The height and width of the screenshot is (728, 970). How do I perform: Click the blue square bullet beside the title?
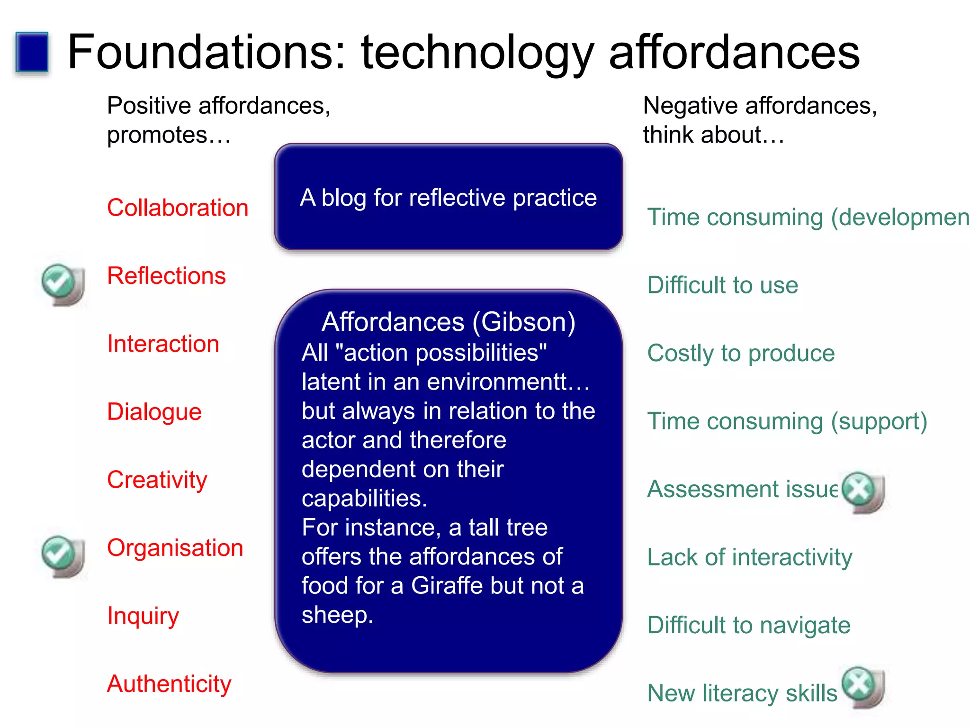[x=32, y=52]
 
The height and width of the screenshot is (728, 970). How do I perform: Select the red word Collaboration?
[x=178, y=208]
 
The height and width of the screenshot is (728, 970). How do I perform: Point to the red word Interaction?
[x=163, y=344]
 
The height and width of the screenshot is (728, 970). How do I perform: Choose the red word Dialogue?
[x=154, y=411]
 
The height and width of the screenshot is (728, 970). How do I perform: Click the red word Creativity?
[x=157, y=480]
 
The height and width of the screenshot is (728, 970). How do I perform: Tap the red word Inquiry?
[x=143, y=616]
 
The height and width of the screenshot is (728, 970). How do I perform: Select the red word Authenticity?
[x=169, y=683]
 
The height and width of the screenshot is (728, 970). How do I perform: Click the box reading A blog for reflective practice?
[x=448, y=197]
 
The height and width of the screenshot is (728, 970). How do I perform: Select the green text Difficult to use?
[x=722, y=285]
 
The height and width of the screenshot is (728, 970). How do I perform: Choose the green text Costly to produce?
[x=741, y=353]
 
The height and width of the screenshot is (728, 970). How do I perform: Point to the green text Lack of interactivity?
[x=749, y=557]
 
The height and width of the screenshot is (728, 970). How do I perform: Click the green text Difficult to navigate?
[x=748, y=625]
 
